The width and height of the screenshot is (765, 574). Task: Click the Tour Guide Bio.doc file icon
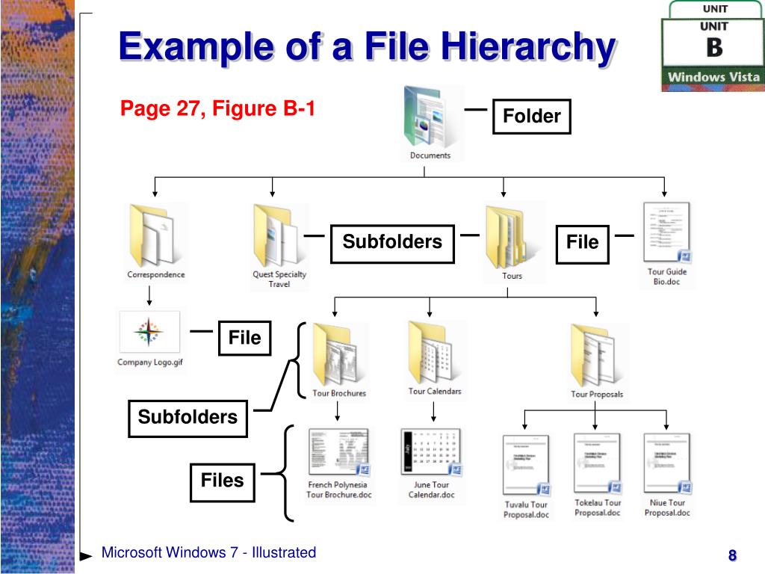(666, 233)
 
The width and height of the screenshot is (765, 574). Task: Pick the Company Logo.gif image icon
(149, 332)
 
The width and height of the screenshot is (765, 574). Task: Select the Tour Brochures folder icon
(339, 354)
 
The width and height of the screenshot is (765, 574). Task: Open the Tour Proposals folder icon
(596, 355)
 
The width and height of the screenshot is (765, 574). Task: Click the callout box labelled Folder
(531, 117)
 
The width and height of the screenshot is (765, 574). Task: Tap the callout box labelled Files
(222, 481)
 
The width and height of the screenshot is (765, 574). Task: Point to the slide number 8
(732, 555)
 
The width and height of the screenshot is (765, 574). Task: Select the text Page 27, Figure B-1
(217, 110)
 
